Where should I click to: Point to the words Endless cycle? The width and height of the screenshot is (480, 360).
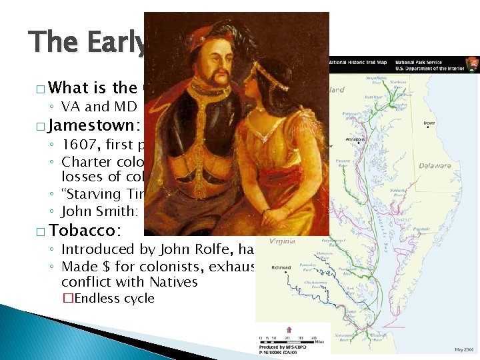114,298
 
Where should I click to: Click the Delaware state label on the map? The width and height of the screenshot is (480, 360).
435,166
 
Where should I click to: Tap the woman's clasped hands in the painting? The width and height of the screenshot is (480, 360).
267,216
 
